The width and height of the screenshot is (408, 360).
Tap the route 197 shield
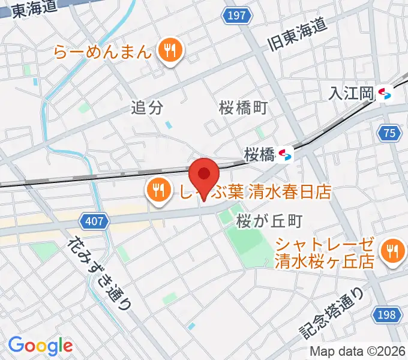237,16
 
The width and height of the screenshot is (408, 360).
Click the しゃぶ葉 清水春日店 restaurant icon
158,191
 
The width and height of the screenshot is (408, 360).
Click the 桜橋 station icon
285,154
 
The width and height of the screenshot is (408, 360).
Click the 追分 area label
147,108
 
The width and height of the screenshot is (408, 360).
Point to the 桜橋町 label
242,108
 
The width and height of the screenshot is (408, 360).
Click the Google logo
40,346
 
